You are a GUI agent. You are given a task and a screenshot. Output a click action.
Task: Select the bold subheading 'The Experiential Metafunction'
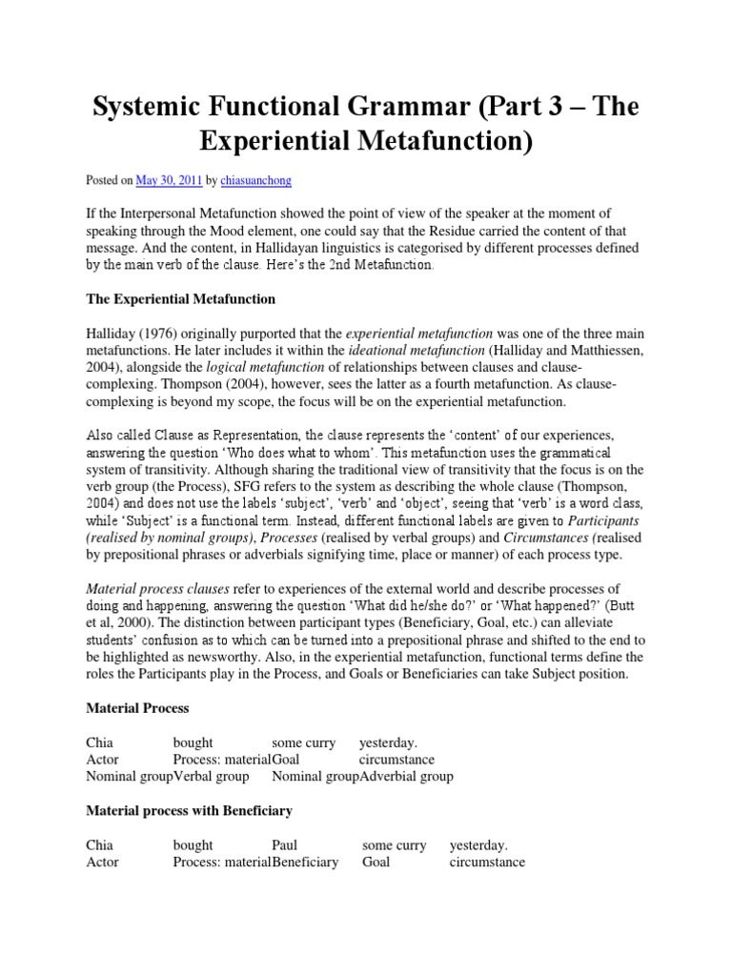[x=180, y=299]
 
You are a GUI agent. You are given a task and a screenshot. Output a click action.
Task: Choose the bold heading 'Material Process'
[x=137, y=708]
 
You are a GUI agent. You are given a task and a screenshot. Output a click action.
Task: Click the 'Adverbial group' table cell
[x=406, y=776]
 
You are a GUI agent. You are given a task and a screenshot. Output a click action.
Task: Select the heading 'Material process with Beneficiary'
[x=189, y=811]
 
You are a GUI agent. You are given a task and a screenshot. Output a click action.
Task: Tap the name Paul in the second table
[x=285, y=845]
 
